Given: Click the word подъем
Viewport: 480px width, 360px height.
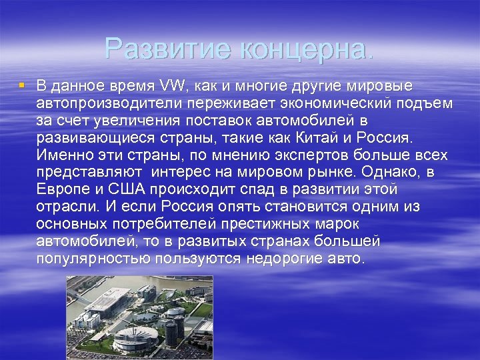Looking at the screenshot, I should pyautogui.click(x=427, y=103).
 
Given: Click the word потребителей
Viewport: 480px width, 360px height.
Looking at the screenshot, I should pyautogui.click(x=175, y=224).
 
